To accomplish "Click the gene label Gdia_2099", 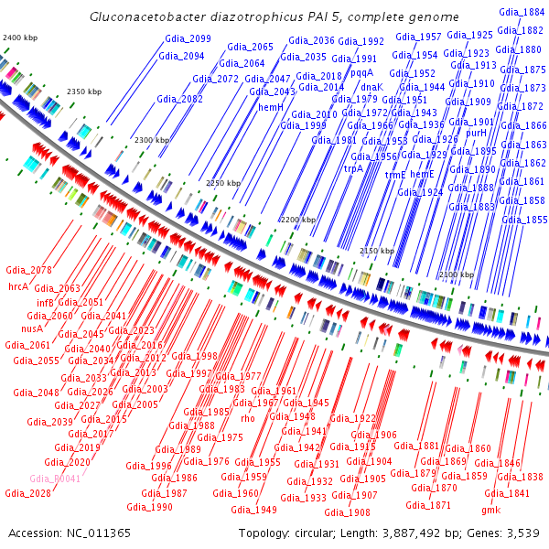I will (188, 38).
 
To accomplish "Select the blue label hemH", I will (271, 107).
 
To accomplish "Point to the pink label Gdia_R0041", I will (55, 479).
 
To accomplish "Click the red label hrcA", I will (19, 286).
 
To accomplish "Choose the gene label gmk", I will (491, 509).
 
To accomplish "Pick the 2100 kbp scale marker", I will (457, 275).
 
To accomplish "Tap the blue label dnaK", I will (372, 87).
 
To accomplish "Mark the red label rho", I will (248, 418).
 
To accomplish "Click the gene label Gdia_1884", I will (522, 12).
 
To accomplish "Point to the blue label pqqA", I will (362, 71).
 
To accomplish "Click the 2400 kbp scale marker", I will (20, 37).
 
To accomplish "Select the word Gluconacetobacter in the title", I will (142, 17).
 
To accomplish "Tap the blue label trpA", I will (353, 168).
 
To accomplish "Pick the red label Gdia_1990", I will (149, 506).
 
